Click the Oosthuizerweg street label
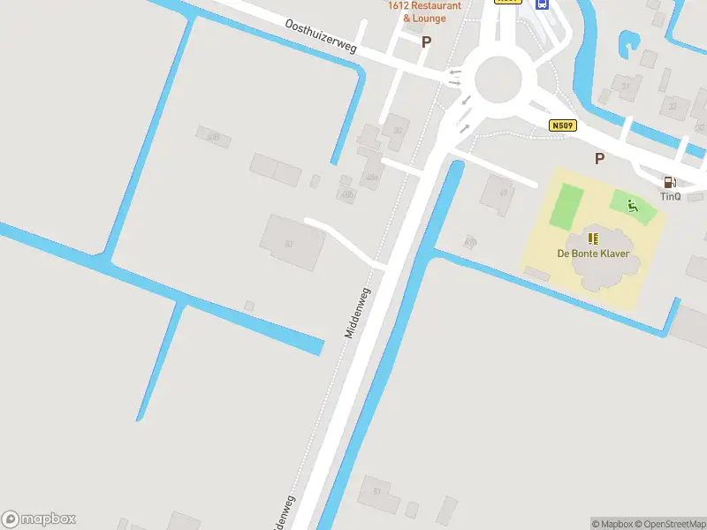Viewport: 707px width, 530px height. point(321,37)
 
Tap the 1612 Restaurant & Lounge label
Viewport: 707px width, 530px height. point(424,11)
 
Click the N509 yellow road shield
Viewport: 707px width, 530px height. point(562,126)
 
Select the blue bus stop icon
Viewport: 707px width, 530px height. point(543,4)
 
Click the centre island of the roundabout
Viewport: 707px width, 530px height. point(498,79)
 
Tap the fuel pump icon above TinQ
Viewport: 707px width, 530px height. point(670,182)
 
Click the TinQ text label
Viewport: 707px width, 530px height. point(670,196)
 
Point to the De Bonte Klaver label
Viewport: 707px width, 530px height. point(593,254)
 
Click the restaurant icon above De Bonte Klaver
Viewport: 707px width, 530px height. point(593,238)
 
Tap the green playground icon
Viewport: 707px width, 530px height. point(632,206)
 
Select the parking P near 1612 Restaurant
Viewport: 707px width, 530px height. point(426,42)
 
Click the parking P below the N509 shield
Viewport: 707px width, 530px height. point(599,158)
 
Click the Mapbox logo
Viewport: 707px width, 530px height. point(39,519)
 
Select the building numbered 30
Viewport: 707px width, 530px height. point(397,130)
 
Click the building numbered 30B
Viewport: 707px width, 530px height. point(212,137)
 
